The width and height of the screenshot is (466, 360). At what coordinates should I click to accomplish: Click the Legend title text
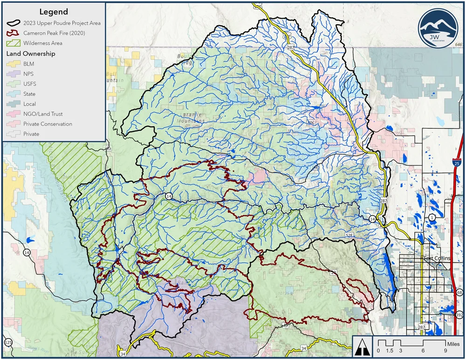pos(54,12)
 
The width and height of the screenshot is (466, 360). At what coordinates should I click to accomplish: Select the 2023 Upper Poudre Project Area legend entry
pos(62,23)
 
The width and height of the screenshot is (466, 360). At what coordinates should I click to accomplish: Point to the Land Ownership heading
pos(31,54)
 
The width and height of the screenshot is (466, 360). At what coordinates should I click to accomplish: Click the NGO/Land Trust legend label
pos(43,114)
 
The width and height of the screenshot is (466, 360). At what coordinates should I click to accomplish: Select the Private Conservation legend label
pos(48,124)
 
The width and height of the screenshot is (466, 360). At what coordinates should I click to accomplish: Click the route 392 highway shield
pos(460,315)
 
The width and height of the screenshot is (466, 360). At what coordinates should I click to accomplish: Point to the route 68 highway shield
pos(460,292)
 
